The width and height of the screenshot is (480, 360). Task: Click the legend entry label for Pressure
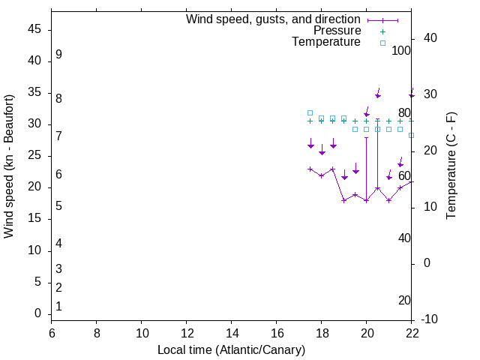pos(337,31)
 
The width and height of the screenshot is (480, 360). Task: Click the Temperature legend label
pos(326,42)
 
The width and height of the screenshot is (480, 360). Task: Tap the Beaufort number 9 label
pos(58,55)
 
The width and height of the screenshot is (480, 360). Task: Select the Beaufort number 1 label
pos(58,306)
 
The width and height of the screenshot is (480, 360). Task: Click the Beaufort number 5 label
pos(58,205)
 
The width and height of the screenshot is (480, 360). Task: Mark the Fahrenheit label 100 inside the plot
pos(401,50)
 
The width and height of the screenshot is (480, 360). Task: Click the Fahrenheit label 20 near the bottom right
pos(404,300)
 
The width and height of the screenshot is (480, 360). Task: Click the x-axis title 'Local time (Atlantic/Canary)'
pos(231,349)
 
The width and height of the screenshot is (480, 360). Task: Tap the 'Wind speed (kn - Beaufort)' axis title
pos(9,166)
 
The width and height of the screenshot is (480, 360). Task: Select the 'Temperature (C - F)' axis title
pos(451,166)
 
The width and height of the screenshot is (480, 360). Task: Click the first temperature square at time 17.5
pos(310,112)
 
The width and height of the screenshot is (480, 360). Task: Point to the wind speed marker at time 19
pos(343,200)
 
